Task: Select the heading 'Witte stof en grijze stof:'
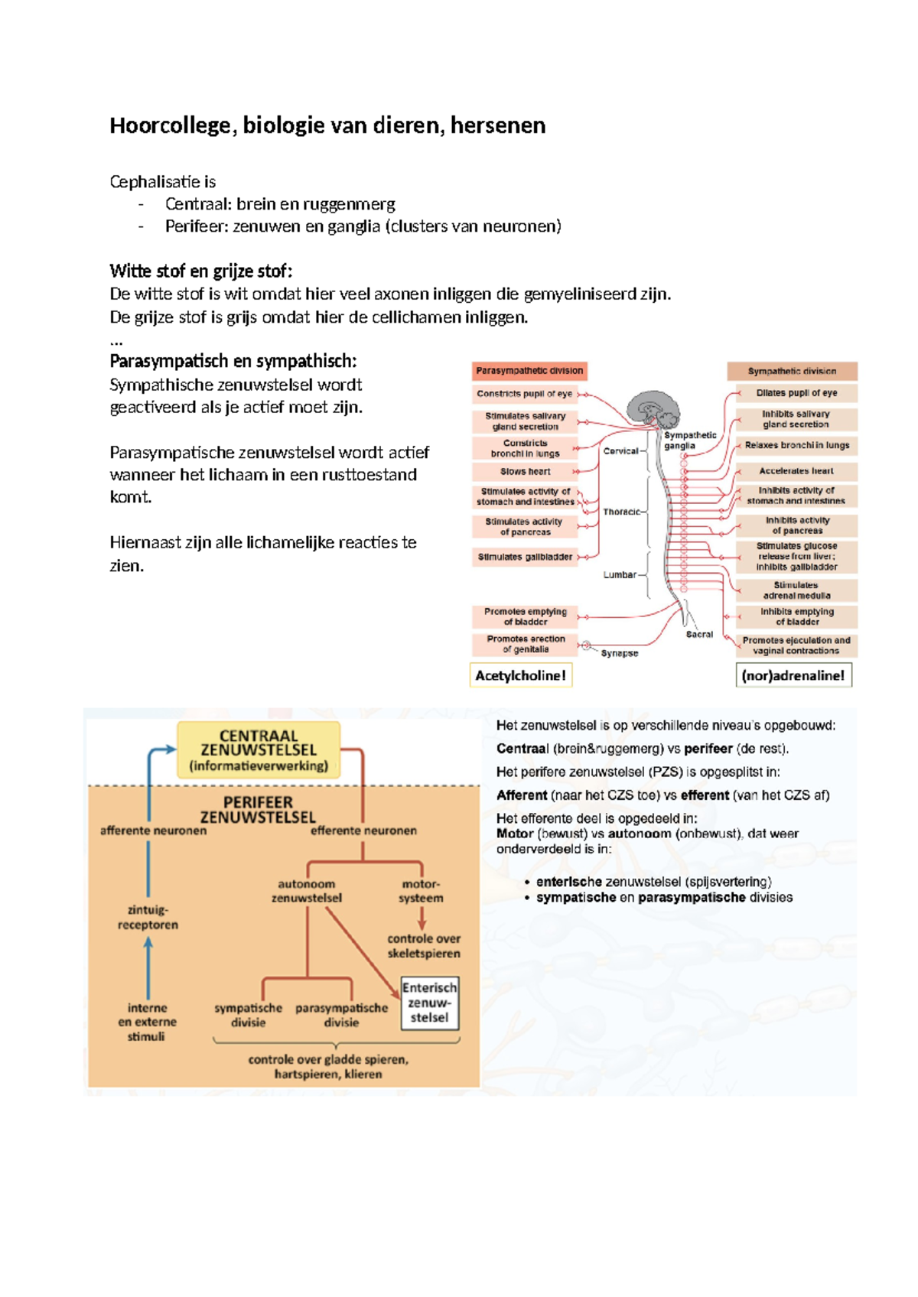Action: [201, 271]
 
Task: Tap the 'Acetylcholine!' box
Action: [521, 675]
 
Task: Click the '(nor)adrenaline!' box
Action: [793, 675]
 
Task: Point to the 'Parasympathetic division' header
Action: [529, 371]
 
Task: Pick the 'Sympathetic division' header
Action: [792, 371]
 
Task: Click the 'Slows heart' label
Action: [525, 472]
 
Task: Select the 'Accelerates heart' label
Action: [796, 471]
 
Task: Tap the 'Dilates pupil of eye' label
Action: [796, 393]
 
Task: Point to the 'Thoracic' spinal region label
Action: [621, 512]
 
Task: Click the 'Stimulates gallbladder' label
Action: [525, 557]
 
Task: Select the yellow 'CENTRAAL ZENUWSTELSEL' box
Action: [259, 749]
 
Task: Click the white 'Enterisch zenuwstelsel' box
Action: [429, 1003]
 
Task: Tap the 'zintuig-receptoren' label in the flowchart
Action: [148, 917]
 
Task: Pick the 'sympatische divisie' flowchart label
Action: [248, 1015]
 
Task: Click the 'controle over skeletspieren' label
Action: [423, 946]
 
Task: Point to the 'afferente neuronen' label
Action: [153, 831]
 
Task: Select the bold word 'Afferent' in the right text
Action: [522, 795]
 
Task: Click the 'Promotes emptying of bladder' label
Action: [525, 616]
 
